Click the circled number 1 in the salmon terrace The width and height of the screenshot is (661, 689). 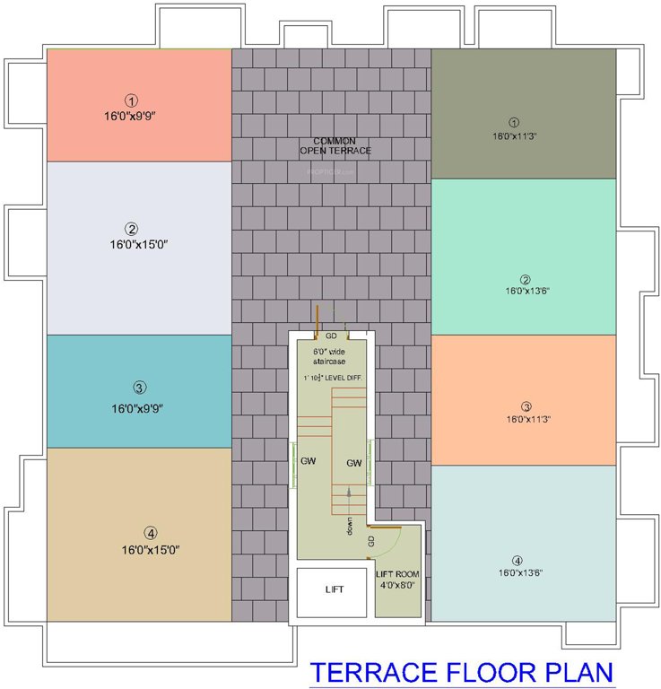coord(131,100)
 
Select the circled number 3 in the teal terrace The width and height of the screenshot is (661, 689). coord(139,388)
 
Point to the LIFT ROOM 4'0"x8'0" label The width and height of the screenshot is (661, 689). coord(397,580)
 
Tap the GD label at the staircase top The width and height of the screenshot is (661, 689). coord(331,336)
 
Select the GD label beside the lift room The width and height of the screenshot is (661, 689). coord(370,541)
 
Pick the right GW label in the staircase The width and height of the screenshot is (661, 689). coord(353,463)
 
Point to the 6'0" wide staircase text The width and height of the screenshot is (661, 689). coord(329,355)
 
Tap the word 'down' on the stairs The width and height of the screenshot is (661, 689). coord(351,527)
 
